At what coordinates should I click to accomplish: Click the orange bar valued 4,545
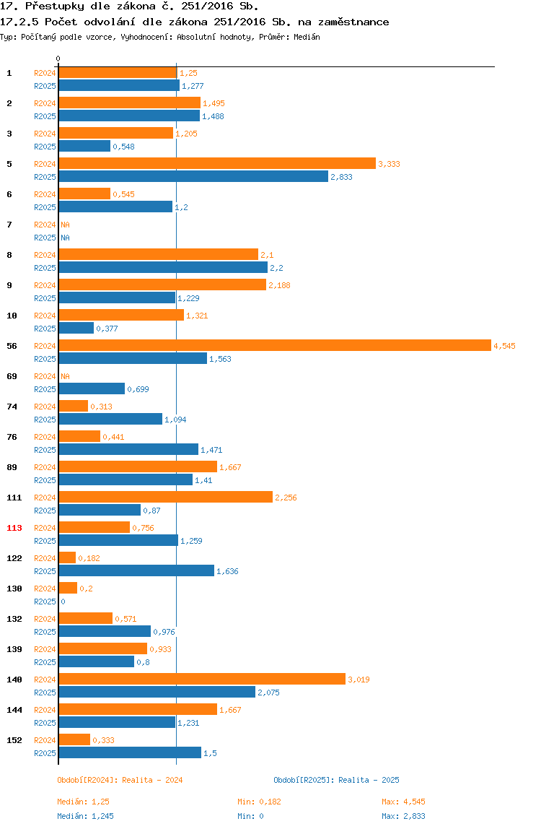coord(275,345)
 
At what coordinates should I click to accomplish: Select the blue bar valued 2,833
coord(193,177)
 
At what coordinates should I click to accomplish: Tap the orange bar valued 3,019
coord(202,679)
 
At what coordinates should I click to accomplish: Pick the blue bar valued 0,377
coord(76,329)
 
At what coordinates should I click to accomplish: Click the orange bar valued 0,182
coord(67,557)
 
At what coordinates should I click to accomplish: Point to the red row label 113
coord(14,528)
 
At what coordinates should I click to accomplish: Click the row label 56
coord(12,346)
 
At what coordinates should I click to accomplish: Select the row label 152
coord(14,740)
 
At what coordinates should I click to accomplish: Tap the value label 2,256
coord(286,498)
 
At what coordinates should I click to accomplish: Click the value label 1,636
coord(227,571)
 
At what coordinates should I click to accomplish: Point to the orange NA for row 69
coord(65,376)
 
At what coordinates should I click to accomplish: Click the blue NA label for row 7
coord(65,238)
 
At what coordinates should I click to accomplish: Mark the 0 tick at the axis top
coord(58,58)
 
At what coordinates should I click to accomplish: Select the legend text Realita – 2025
coord(369,780)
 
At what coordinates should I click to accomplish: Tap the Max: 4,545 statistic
coord(403,802)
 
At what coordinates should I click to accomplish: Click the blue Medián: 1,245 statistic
coord(85,816)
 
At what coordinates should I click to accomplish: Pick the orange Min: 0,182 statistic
coord(259,802)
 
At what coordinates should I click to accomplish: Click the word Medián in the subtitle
coord(307,37)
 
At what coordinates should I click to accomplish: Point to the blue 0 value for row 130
coord(63,602)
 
